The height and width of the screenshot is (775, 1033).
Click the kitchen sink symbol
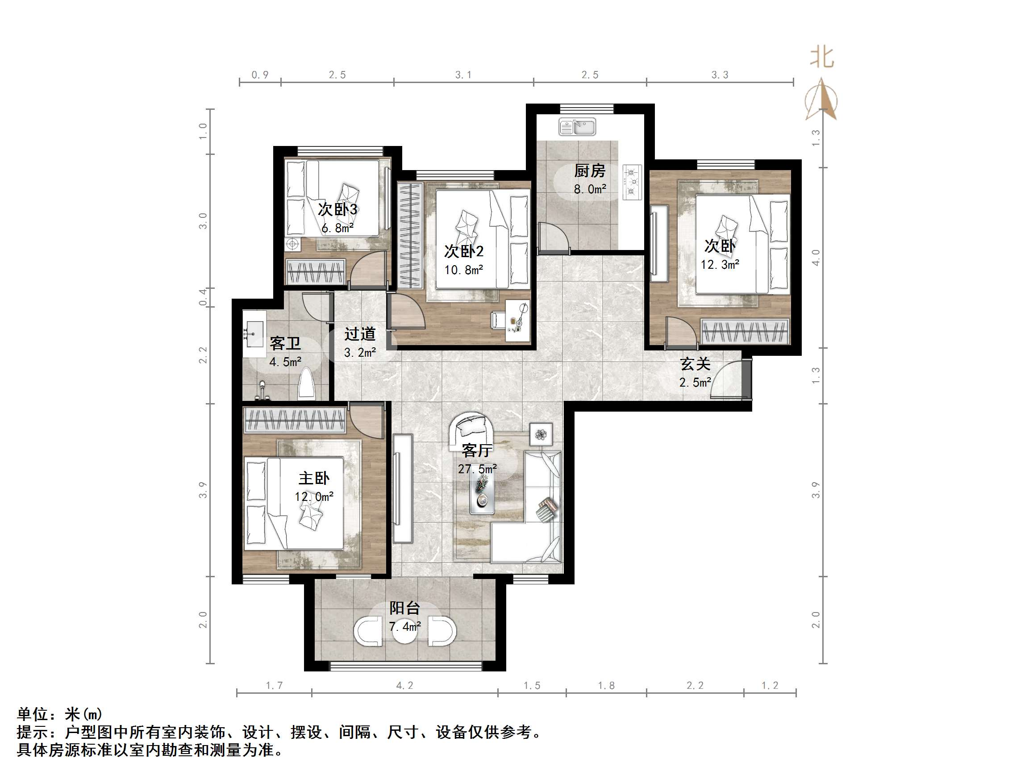[577, 127]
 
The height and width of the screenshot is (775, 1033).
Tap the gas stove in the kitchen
[632, 182]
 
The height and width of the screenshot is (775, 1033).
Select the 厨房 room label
[589, 171]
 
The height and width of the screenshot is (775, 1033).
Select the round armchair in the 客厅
[472, 429]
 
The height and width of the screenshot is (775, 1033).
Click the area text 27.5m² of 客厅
[477, 469]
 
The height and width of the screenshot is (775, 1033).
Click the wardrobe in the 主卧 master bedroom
[295, 420]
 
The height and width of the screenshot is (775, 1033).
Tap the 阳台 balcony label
[404, 608]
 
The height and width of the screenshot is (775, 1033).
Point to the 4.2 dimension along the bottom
[404, 685]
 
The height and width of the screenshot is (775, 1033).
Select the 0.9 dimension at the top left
[260, 75]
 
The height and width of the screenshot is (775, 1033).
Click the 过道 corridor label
[360, 334]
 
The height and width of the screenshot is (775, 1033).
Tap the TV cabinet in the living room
[403, 488]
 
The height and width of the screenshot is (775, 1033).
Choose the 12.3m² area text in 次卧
[720, 264]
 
